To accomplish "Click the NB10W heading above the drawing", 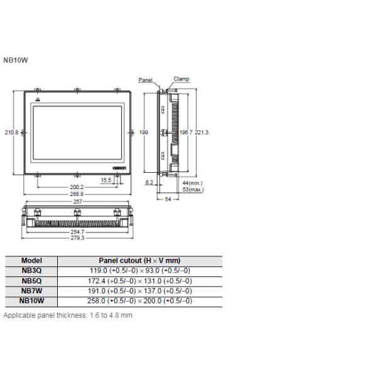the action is pos(16,60).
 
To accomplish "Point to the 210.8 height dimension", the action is pos(11,133).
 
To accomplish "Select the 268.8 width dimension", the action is pos(77,194).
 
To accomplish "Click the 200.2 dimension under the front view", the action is pos(77,187).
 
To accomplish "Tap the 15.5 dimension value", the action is pos(106,180).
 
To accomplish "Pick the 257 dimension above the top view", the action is pos(77,202).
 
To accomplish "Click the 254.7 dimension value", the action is pos(77,232).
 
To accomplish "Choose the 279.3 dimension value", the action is pos(77,238).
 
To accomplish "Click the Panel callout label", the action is pos(146,80).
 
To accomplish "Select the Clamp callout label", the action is pos(182,79).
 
